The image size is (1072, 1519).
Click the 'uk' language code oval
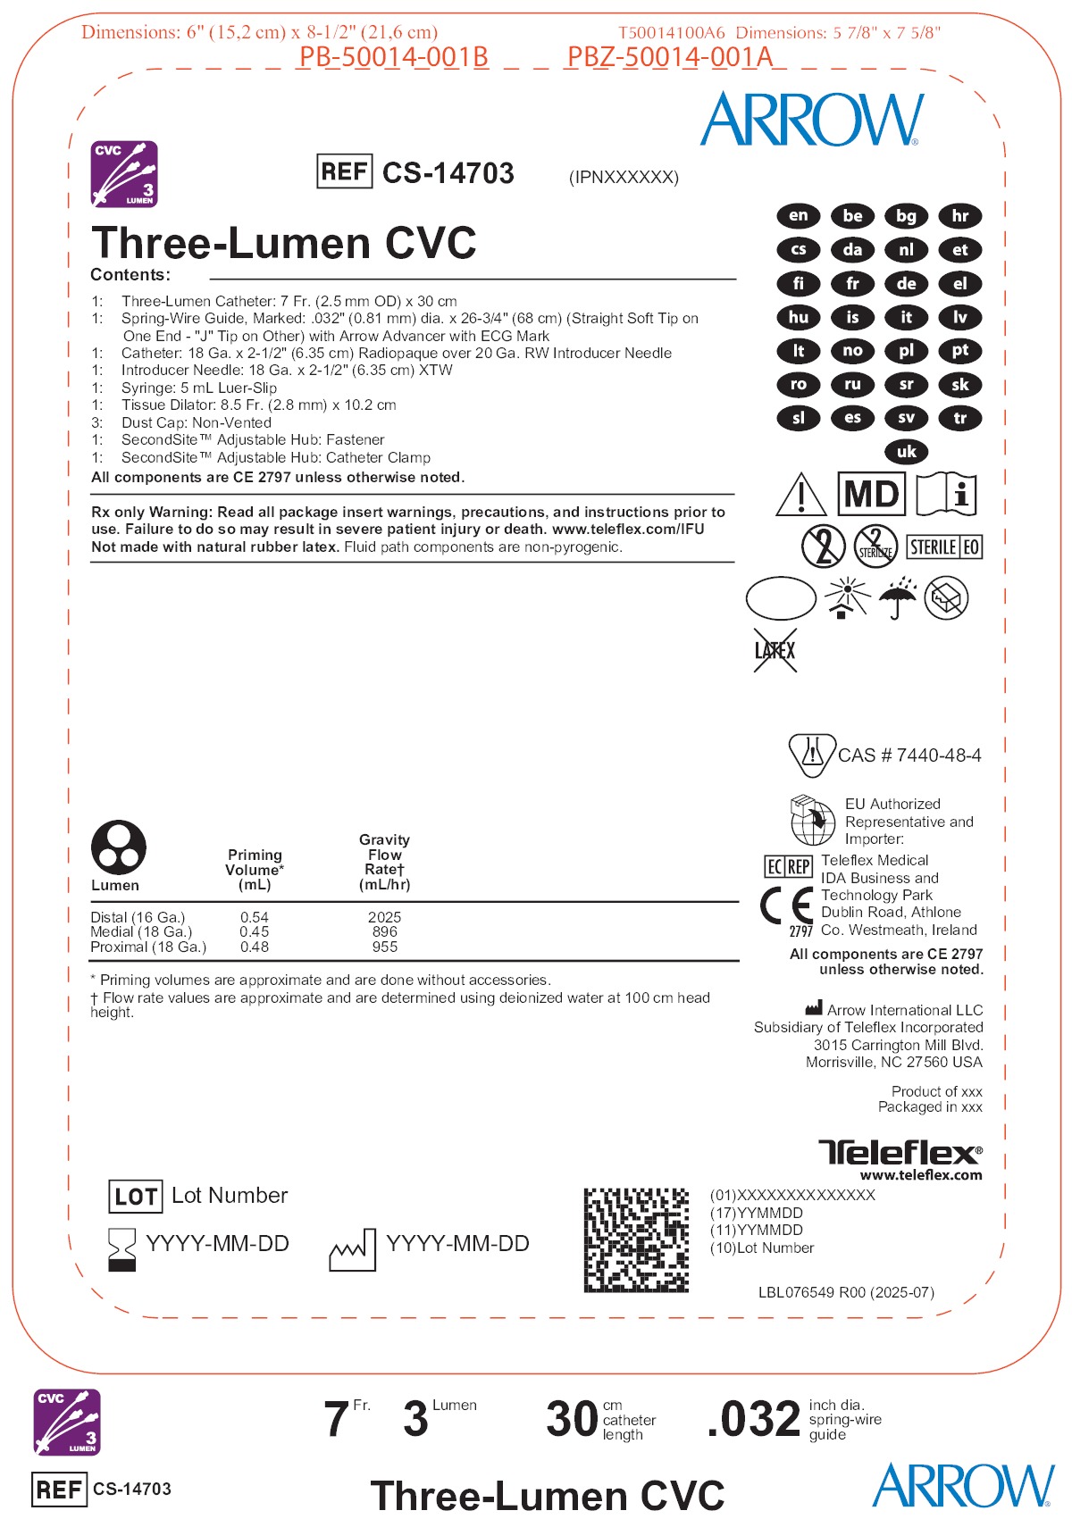pyautogui.click(x=906, y=452)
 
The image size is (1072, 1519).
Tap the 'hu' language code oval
pyautogui.click(x=799, y=317)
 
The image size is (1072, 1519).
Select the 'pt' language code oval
pyautogui.click(x=959, y=351)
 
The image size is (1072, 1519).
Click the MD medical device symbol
pyautogui.click(x=871, y=494)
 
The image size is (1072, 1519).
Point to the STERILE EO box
pyautogui.click(x=944, y=547)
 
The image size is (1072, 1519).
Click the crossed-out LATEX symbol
pyautogui.click(x=775, y=650)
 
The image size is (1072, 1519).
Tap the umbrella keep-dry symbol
pyautogui.click(x=898, y=597)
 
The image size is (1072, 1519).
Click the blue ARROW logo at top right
pyautogui.click(x=811, y=120)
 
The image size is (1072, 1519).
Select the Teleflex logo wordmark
pyautogui.click(x=900, y=1152)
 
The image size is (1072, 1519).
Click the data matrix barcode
pyautogui.click(x=636, y=1239)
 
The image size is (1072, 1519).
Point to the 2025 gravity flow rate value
pyautogui.click(x=384, y=917)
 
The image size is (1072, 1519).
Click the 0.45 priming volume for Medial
pyautogui.click(x=254, y=931)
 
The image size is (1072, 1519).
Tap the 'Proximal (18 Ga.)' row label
pyautogui.click(x=148, y=947)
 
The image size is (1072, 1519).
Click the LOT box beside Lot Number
pyautogui.click(x=136, y=1197)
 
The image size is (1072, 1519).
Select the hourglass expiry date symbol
pyautogui.click(x=121, y=1248)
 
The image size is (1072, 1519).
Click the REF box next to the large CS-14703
pyautogui.click(x=345, y=171)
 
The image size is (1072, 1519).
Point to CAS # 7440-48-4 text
pyautogui.click(x=909, y=755)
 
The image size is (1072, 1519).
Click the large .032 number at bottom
pyautogui.click(x=753, y=1420)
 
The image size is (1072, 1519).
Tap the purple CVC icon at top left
pyautogui.click(x=125, y=173)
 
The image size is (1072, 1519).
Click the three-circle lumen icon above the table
pyautogui.click(x=118, y=847)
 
